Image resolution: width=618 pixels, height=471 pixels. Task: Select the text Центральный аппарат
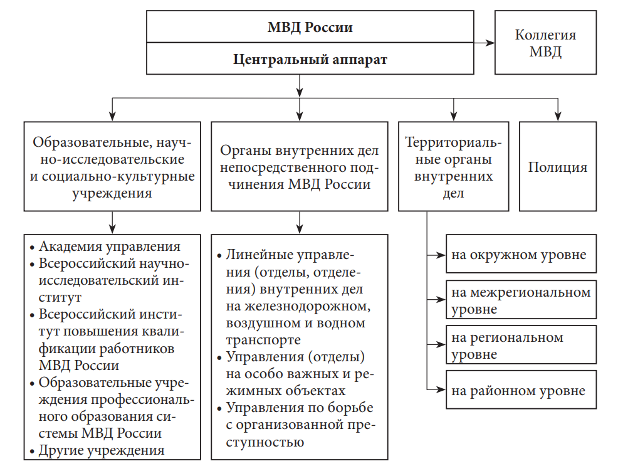(x=310, y=60)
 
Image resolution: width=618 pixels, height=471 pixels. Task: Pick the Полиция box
(x=557, y=167)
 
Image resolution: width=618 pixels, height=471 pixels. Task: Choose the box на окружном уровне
(x=520, y=255)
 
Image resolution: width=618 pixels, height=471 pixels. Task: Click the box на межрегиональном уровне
(x=520, y=300)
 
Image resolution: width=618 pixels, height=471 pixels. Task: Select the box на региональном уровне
(x=520, y=346)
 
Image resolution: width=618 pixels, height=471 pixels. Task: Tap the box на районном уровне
(x=520, y=391)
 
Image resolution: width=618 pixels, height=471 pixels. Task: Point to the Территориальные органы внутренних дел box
(x=453, y=167)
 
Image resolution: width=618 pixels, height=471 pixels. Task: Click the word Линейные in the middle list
(x=254, y=257)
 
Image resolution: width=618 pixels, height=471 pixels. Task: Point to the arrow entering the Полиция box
(x=557, y=113)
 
